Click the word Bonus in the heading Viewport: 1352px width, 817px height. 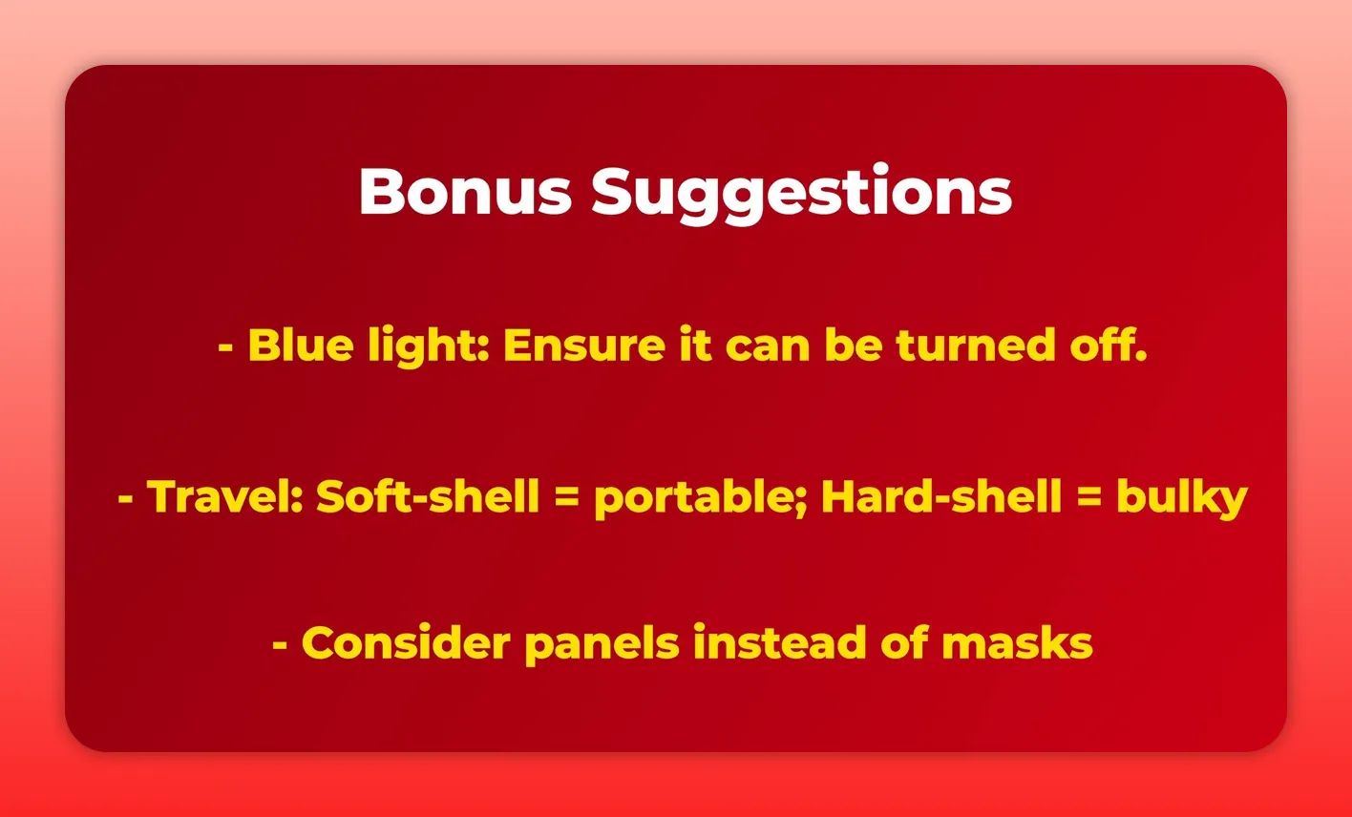464,192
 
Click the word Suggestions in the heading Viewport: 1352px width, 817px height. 801,194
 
